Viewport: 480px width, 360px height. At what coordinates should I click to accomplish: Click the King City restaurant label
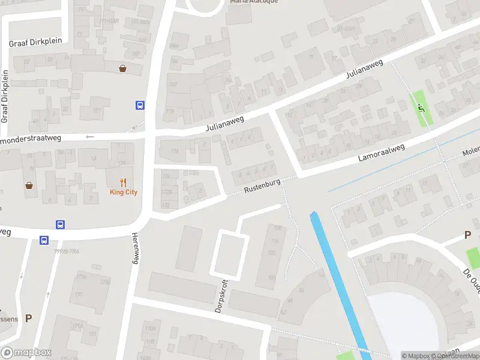click(x=124, y=192)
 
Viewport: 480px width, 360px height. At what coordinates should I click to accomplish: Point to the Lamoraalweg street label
click(x=382, y=153)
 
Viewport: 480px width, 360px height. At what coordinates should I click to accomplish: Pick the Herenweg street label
click(x=135, y=248)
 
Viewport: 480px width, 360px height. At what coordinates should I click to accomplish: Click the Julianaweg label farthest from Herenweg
click(x=364, y=71)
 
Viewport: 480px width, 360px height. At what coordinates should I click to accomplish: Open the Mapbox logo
click(x=26, y=353)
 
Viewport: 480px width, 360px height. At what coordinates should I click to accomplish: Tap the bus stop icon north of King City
click(x=140, y=106)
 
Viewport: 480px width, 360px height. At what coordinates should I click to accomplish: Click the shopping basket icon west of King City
click(x=29, y=185)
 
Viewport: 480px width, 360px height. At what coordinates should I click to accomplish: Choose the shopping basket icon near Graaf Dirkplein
click(x=123, y=68)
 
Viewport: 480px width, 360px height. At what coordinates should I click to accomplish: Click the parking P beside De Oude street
click(x=467, y=236)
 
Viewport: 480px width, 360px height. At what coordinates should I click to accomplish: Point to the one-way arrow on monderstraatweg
click(x=90, y=137)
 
